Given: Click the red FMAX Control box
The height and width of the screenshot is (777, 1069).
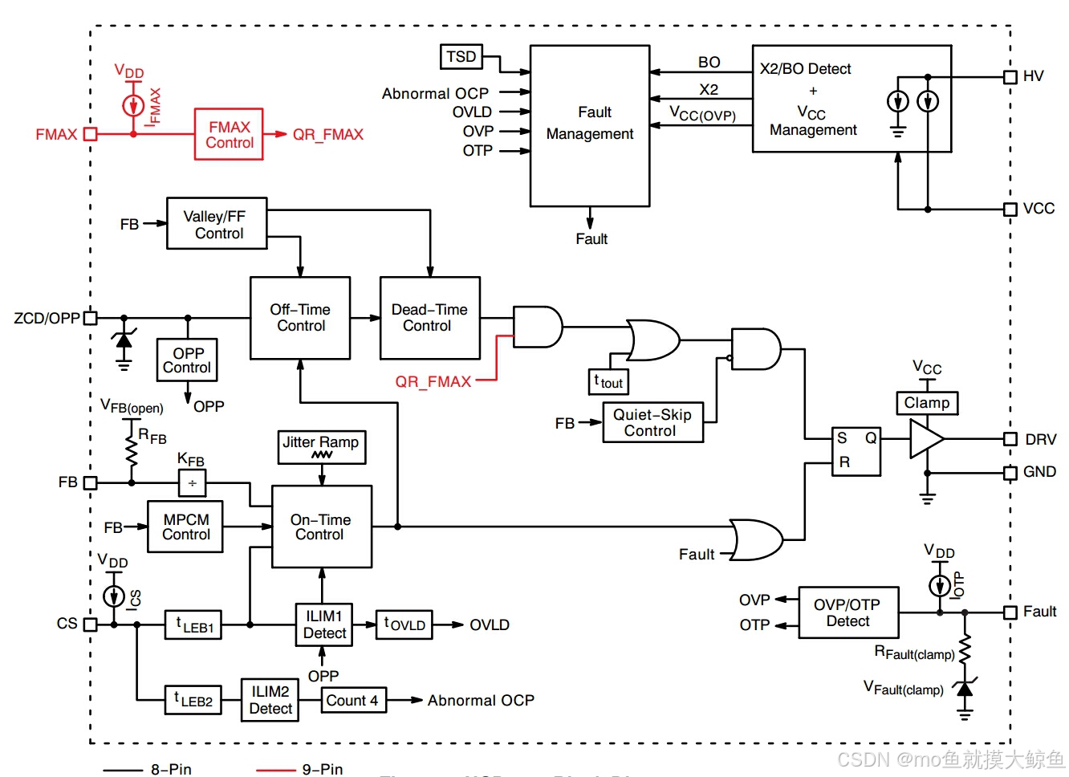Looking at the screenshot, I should [x=229, y=135].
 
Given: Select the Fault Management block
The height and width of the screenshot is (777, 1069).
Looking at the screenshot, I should [x=590, y=125].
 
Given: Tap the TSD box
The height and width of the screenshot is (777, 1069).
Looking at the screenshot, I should [x=461, y=57].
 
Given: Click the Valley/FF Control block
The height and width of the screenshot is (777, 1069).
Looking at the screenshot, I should [x=217, y=224].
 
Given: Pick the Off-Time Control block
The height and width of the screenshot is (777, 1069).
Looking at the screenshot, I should [x=300, y=318].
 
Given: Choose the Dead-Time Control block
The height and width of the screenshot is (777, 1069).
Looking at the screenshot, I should [x=430, y=318].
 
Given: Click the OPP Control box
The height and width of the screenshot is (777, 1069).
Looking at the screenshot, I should [x=187, y=360].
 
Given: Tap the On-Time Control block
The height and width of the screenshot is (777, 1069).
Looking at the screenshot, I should [x=322, y=527].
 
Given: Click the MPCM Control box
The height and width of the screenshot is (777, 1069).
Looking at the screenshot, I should [x=185, y=527].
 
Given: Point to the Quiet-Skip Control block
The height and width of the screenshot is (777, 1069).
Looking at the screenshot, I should [x=652, y=422].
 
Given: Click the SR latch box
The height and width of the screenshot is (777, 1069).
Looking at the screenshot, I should [x=856, y=451].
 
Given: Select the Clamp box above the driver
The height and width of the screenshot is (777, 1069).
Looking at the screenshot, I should [x=927, y=403].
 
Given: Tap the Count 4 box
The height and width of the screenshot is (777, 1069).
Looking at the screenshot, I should [x=353, y=700].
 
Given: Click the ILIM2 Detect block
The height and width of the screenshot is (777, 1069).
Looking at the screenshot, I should [x=270, y=700].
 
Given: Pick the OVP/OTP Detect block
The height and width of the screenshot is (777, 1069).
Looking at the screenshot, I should [x=848, y=612].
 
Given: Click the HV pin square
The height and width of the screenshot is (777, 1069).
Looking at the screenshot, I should [x=1010, y=77].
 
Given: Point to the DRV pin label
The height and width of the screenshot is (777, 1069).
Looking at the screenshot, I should [x=1041, y=440].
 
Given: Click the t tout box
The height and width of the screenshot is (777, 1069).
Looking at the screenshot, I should [x=609, y=382].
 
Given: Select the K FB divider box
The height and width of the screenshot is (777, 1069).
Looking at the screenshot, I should [x=193, y=483].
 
